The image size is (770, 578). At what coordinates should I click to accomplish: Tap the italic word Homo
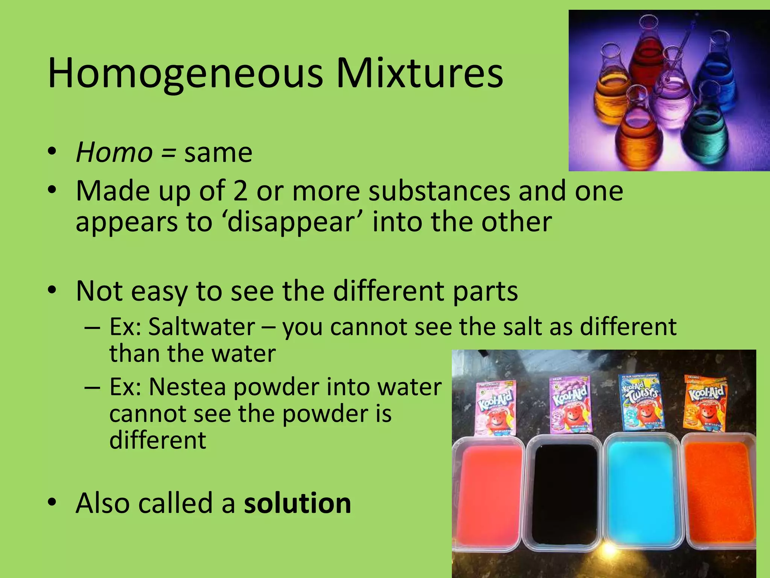[114, 153]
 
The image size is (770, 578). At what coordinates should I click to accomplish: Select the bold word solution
[297, 503]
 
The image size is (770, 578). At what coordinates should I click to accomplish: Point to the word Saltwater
[202, 327]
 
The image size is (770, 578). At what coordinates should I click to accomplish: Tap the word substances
[439, 191]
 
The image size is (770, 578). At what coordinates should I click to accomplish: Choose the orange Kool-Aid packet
[705, 403]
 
